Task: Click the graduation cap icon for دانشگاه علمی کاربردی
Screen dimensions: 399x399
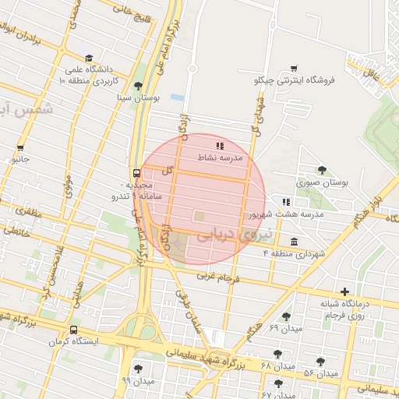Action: [x=89, y=58]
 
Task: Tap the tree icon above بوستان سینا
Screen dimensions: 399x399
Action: [x=138, y=86]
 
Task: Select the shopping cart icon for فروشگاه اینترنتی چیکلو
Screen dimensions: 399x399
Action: [x=294, y=69]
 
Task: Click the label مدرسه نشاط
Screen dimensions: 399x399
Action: [x=221, y=157]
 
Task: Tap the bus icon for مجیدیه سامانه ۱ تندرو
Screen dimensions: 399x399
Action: [x=136, y=173]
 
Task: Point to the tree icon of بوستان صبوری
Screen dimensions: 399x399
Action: [x=321, y=170]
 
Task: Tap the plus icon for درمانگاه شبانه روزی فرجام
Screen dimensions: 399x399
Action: [x=344, y=291]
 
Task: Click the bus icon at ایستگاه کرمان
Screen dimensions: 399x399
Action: [x=73, y=330]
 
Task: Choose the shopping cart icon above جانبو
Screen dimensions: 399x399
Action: [x=19, y=147]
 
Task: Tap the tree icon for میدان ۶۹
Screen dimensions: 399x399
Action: [x=287, y=316]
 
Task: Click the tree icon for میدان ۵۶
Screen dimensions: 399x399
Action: [x=320, y=362]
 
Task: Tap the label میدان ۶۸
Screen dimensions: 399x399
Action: [x=278, y=366]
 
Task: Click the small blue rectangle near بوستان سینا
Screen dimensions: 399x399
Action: [x=177, y=97]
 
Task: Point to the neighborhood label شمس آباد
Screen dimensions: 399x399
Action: [x=26, y=109]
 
